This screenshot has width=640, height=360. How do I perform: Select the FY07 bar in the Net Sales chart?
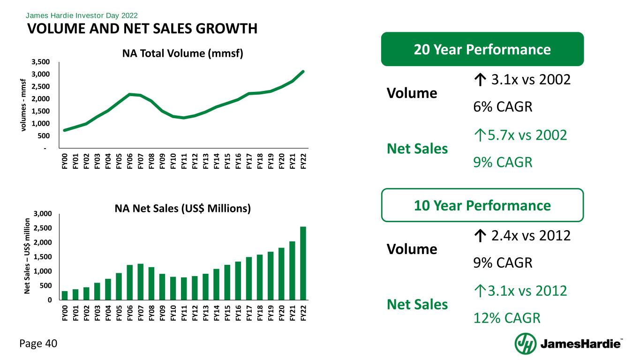(140, 282)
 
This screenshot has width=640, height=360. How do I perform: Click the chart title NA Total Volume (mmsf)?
(182, 53)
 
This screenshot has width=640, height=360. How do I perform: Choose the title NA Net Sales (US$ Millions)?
(183, 208)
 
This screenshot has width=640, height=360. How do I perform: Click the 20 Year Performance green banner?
(482, 49)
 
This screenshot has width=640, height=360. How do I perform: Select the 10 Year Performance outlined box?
(482, 205)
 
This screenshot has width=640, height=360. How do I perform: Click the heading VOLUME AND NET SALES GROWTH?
(143, 29)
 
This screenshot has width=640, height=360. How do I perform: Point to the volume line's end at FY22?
(303, 71)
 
